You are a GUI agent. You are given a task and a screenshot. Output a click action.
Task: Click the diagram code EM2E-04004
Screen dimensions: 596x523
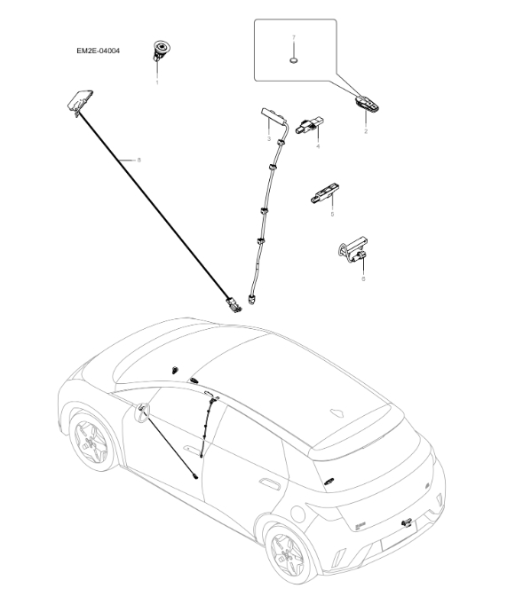(98, 51)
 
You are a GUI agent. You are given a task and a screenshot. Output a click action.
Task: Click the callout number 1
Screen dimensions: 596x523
(157, 82)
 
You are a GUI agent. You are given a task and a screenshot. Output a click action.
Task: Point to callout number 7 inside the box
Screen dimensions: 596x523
(293, 39)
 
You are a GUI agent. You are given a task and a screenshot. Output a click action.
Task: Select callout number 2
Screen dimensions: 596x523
(365, 130)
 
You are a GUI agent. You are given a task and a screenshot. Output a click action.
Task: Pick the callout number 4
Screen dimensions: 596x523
(316, 145)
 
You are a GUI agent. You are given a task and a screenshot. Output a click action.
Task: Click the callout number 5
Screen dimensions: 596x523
(332, 214)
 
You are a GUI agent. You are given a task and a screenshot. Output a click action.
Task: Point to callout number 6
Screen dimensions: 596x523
(362, 278)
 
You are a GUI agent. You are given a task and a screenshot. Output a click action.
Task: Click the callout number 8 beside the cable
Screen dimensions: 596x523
(139, 160)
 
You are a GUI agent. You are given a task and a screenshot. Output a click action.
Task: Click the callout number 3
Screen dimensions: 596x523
(268, 139)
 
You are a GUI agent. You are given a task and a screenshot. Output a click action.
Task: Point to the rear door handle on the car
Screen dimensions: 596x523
(265, 483)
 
